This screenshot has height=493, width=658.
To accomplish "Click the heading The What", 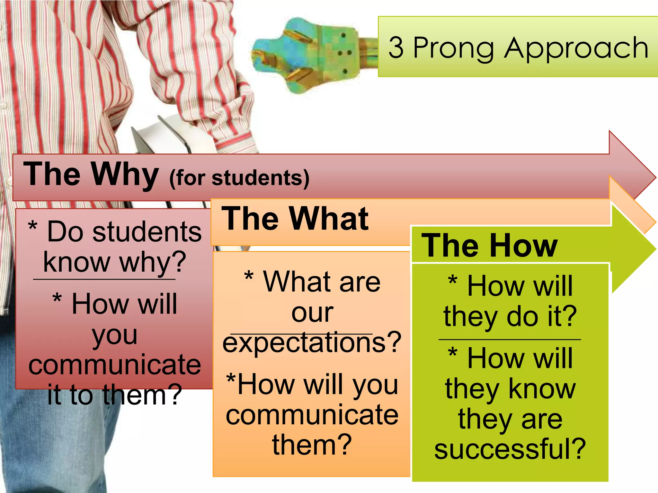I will pos(295,219).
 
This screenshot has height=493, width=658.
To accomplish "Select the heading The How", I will pos(489,246).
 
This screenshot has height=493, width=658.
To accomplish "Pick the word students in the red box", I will pos(147,232).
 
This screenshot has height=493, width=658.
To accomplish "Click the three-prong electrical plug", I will pos(308,55).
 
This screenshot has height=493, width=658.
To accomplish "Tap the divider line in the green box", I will pos(510,339).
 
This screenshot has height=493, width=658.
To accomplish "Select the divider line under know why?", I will pos(104,280).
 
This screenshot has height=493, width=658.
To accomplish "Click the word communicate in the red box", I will pos(115,365).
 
